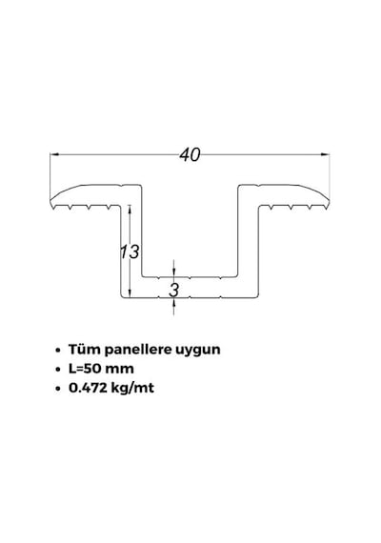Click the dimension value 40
tap(190, 154)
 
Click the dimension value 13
tap(130, 251)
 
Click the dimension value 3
tap(174, 290)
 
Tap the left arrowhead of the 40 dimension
tap(54, 154)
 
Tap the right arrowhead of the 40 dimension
tap(325, 154)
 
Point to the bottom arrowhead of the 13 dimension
tap(130, 292)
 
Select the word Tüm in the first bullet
tap(84, 349)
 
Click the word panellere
tap(138, 350)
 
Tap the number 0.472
tap(88, 388)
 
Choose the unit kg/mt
tap(132, 389)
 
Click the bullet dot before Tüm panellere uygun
tap(58, 351)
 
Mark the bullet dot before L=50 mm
tap(58, 370)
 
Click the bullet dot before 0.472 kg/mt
tap(58, 389)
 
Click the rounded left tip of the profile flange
tap(50, 202)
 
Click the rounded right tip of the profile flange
tap(329, 202)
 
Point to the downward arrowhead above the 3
tap(174, 272)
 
